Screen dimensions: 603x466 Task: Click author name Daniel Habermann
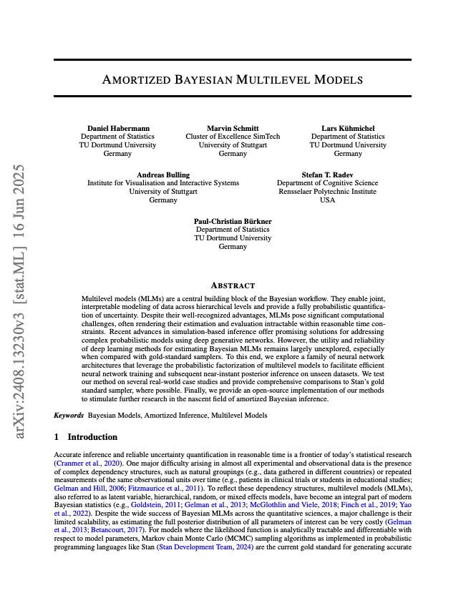(118, 127)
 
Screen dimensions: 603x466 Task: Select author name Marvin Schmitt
(233, 127)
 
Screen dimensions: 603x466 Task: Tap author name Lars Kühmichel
(348, 127)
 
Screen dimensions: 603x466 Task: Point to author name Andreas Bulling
(163, 175)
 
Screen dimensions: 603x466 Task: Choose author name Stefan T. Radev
(327, 175)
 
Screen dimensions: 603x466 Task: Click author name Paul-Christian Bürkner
(233, 221)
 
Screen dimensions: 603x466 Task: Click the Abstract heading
(233, 285)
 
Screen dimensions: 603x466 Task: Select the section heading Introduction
(92, 436)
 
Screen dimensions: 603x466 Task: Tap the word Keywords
(69, 416)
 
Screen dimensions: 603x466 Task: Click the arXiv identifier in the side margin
(20, 300)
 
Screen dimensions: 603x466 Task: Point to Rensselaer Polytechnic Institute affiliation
(327, 192)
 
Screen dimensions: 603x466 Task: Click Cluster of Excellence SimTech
(233, 136)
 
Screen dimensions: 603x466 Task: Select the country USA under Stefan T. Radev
(327, 200)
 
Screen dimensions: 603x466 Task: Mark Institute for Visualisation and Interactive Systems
(163, 183)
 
